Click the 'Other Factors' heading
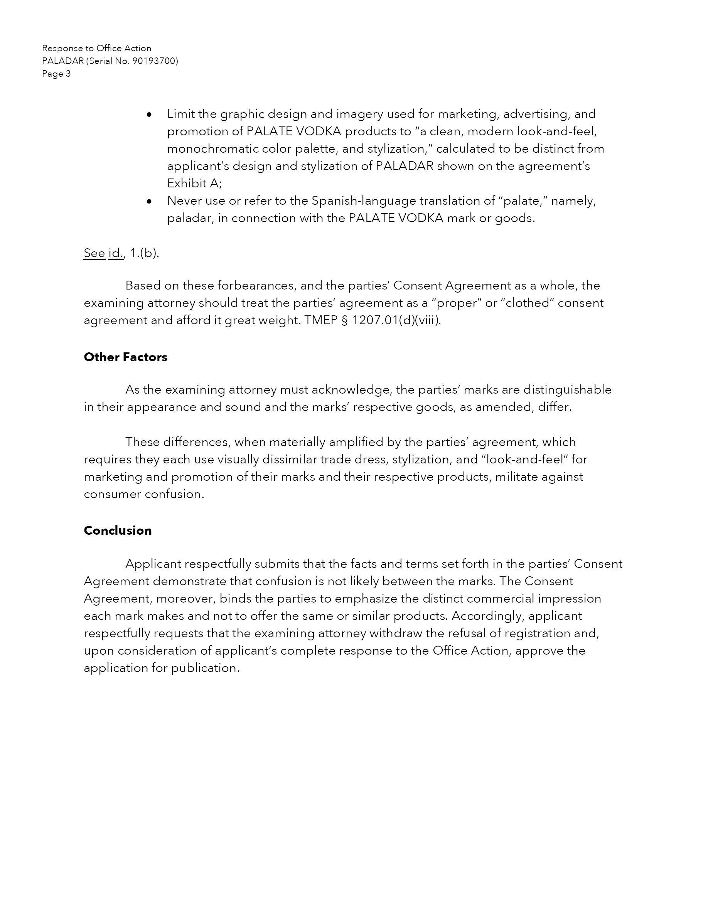[125, 357]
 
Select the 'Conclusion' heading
[118, 530]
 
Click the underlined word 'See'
[94, 253]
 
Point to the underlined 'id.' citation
[116, 253]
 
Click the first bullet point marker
[149, 114]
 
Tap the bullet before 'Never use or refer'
[149, 201]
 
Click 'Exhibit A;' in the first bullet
[195, 183]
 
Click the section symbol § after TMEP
[345, 320]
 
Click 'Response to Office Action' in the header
[96, 48]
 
